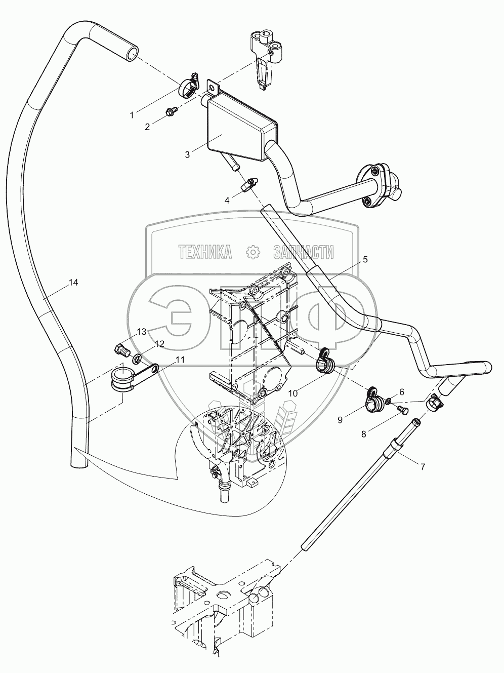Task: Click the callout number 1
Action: point(132,115)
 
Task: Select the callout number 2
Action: point(147,127)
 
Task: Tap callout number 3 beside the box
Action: point(187,154)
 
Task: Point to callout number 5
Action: point(365,259)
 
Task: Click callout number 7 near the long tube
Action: point(423,467)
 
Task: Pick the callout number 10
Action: point(293,393)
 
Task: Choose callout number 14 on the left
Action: point(73,283)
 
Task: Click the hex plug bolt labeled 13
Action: point(122,351)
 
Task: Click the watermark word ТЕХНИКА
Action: point(205,252)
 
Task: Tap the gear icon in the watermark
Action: point(253,252)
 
